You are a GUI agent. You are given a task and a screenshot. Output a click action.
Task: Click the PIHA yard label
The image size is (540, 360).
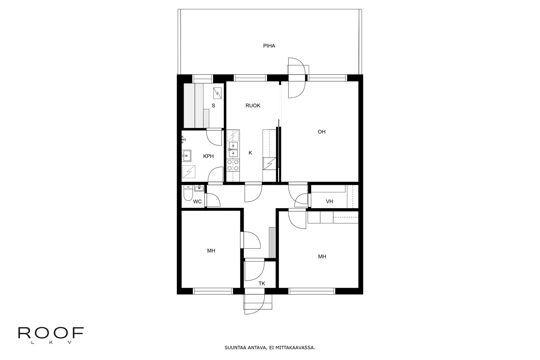269,46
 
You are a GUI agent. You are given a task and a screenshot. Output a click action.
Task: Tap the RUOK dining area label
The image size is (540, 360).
253,106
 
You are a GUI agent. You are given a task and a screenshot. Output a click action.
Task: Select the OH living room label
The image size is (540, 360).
321,132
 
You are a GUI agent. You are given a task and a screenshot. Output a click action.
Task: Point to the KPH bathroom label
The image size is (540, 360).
208,156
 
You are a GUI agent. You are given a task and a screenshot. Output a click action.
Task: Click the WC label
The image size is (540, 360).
197,201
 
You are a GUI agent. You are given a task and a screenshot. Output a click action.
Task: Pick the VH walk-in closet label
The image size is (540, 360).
329,201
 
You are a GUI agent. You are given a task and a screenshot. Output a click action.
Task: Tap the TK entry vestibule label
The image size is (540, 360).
262,284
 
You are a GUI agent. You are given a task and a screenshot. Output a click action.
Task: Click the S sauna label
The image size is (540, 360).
213,106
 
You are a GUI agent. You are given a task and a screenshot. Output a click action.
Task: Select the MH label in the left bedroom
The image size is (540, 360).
211,251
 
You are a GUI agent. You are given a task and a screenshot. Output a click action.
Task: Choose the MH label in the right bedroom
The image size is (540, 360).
322,257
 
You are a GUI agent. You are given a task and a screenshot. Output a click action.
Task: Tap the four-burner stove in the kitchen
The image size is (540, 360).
233,165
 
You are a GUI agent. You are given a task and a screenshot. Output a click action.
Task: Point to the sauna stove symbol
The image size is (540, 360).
217,93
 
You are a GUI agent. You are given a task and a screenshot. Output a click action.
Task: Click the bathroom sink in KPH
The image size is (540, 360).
186,156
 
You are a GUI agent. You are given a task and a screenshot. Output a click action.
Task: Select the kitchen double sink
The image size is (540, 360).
233,149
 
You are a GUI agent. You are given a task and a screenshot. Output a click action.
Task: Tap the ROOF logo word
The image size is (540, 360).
51,333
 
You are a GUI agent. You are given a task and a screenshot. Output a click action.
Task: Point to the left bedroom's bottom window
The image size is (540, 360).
213,291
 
